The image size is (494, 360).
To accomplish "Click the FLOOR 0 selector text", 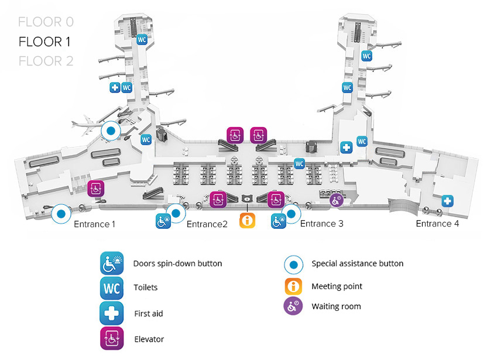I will click(x=46, y=22).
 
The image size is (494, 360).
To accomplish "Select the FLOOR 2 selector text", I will click(x=46, y=61).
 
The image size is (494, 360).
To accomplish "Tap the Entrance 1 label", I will click(x=94, y=224).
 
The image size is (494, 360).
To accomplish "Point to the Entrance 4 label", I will click(x=437, y=224).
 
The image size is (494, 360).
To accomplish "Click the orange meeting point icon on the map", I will click(x=248, y=221).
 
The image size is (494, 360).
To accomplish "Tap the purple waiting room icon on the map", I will click(x=337, y=201).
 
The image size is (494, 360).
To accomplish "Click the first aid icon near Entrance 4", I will click(x=448, y=201).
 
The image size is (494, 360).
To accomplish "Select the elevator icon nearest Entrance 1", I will click(x=95, y=188).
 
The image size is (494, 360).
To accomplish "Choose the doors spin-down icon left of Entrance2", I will click(x=163, y=221).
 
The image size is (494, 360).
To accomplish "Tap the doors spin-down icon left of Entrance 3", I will click(x=278, y=221).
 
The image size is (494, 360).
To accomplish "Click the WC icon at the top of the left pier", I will click(x=141, y=40).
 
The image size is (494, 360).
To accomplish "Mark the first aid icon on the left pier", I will click(x=115, y=88).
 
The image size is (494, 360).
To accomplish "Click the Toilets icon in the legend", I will click(x=111, y=288).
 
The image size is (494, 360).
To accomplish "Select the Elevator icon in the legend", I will click(x=111, y=339).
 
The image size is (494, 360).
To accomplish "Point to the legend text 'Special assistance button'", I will click(x=357, y=263).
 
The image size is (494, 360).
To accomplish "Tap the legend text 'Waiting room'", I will click(x=336, y=306).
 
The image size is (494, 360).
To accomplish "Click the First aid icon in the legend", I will click(x=111, y=314).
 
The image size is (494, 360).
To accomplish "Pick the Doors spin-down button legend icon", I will click(x=111, y=263).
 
